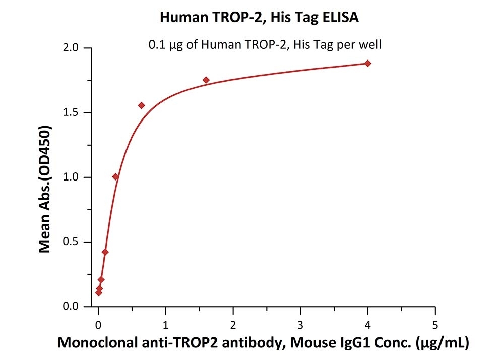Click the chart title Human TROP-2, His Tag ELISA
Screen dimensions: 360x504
[260, 18]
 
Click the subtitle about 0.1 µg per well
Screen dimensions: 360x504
[265, 45]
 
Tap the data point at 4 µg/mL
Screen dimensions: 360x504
[368, 63]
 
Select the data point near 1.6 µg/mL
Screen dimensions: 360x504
[206, 80]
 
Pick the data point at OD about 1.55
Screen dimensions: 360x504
[142, 105]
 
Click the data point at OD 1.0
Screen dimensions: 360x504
[115, 176]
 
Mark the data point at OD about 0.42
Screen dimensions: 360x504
[105, 252]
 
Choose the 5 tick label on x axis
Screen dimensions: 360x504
[435, 323]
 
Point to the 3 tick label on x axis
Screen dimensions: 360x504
[300, 323]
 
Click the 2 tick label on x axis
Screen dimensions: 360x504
[233, 323]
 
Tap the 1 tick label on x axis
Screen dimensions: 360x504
[166, 323]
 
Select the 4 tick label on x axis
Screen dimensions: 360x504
[368, 323]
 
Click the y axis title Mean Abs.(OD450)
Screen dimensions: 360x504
[46, 189]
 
